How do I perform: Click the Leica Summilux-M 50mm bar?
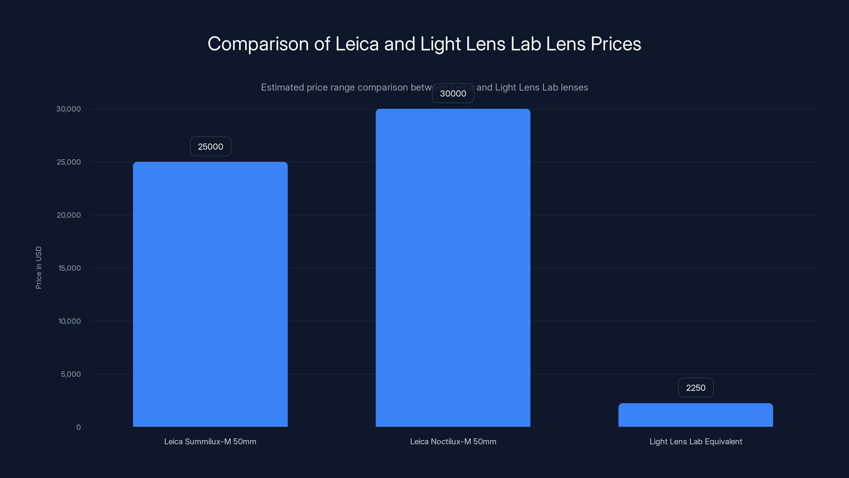tap(210, 294)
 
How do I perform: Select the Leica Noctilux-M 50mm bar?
tap(453, 268)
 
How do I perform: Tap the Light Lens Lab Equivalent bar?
tap(695, 415)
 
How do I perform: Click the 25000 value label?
tap(210, 147)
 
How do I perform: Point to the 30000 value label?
tap(453, 93)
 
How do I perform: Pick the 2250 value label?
tap(695, 388)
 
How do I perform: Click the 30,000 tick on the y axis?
tap(68, 109)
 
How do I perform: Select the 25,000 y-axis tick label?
tap(68, 162)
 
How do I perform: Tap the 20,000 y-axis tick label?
tap(68, 215)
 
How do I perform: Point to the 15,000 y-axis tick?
tap(69, 268)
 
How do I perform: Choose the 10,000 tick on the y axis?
tap(69, 321)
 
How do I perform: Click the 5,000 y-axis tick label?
tap(71, 374)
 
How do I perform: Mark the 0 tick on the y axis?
tap(79, 427)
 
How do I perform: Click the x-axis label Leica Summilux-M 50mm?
tap(210, 441)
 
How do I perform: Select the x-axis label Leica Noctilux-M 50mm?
tap(453, 441)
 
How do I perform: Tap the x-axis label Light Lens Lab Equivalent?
tap(695, 441)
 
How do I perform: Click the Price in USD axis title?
tap(38, 267)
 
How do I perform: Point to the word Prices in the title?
tap(616, 44)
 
